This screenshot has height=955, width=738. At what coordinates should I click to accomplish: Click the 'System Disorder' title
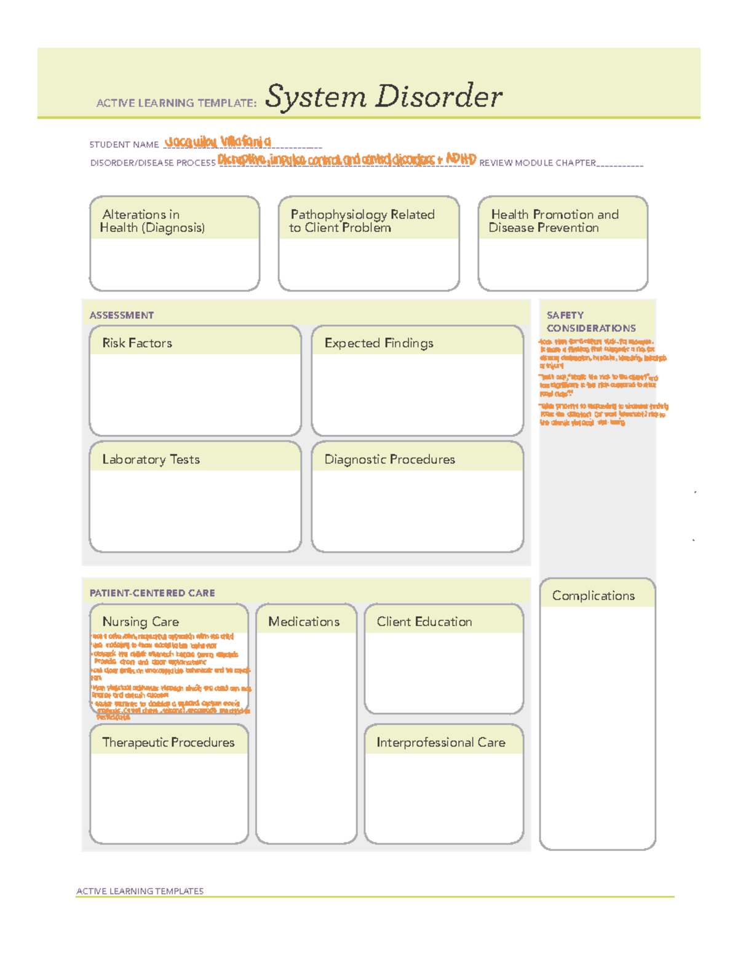point(383,97)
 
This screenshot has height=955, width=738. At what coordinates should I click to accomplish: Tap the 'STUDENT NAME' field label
point(124,145)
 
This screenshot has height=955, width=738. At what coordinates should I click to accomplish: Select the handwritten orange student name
point(218,142)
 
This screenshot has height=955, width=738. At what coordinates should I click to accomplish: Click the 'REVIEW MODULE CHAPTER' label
point(538,163)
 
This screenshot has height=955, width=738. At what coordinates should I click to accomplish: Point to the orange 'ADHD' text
point(461,159)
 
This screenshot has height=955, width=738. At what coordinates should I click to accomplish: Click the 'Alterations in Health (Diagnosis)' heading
point(153,221)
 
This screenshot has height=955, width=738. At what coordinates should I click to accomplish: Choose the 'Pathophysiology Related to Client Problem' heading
point(362,221)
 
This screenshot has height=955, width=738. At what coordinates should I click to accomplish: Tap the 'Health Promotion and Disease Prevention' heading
point(554,221)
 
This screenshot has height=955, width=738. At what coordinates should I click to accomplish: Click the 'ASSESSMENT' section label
point(122,315)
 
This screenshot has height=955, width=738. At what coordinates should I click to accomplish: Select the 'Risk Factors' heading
point(137,343)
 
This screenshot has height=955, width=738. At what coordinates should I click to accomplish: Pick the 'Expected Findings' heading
point(379,343)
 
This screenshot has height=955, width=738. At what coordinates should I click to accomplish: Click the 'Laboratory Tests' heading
point(151,459)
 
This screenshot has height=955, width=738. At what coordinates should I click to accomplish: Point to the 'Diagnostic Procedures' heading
point(389,459)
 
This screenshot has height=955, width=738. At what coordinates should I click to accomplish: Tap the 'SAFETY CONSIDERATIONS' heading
point(590,322)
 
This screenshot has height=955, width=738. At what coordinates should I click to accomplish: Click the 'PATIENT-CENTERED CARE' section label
point(153,593)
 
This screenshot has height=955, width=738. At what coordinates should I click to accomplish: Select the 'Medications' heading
point(304,622)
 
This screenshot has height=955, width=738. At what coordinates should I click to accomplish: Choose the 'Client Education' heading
point(424,622)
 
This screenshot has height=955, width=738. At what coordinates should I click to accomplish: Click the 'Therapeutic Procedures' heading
point(168,742)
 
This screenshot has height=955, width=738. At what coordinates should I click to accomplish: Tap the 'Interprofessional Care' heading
point(441,742)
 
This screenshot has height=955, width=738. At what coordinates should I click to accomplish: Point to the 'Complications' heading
point(593,595)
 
